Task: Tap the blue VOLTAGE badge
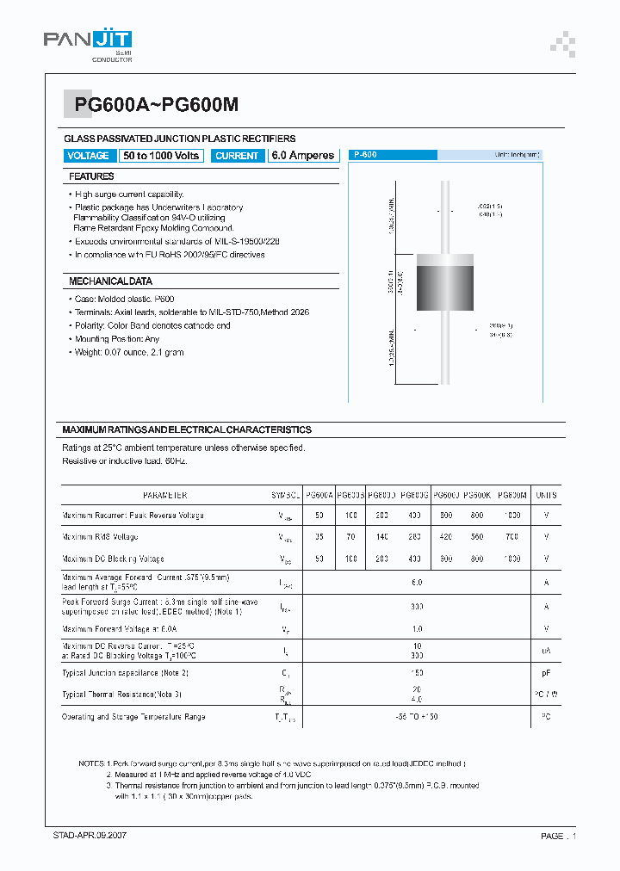(x=89, y=156)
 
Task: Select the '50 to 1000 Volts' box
(x=161, y=156)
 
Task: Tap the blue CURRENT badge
(x=237, y=156)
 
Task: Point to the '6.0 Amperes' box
(x=302, y=156)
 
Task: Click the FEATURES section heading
(x=91, y=176)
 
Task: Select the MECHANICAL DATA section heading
(x=110, y=281)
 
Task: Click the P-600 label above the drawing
(x=365, y=155)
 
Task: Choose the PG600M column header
(x=512, y=496)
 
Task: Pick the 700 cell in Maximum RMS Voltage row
(x=512, y=536)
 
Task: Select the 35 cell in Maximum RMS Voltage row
(x=319, y=536)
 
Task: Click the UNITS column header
(x=546, y=496)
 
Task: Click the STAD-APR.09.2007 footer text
(x=90, y=836)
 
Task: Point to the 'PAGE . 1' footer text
(x=558, y=836)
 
